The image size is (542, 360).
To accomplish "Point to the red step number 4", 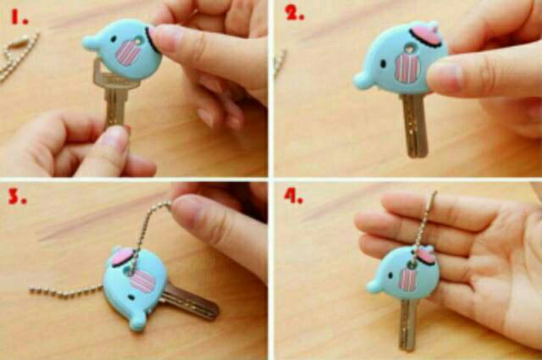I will coord(292,197).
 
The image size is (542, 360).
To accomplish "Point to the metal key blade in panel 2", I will coord(414,127).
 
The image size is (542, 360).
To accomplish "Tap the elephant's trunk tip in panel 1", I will coord(88,42).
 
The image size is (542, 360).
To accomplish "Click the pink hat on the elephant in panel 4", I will coord(424,253).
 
